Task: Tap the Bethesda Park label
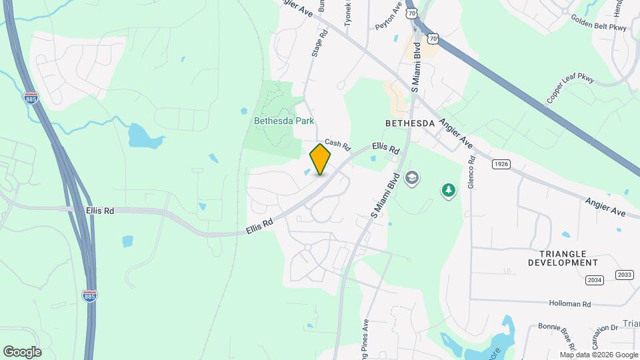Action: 284,121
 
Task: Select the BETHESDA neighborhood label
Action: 410,123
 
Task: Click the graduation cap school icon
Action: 412,178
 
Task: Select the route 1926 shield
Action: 501,164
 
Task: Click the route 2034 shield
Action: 595,281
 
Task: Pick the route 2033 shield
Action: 625,275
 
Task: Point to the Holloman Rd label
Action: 570,303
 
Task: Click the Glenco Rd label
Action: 471,171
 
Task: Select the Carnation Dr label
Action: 604,329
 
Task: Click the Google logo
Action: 22,352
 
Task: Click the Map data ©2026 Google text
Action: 599,355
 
